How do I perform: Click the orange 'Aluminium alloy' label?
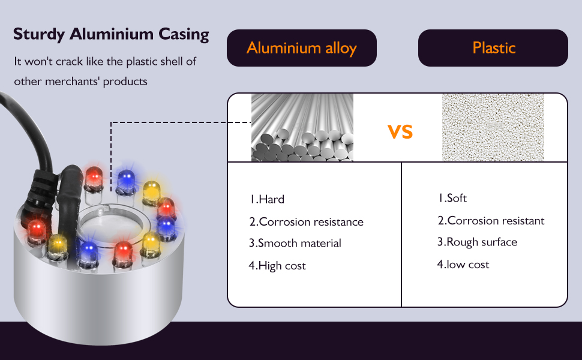(x=301, y=48)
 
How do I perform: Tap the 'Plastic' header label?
(x=494, y=48)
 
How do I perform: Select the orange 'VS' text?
(x=400, y=131)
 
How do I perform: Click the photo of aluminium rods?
(x=302, y=127)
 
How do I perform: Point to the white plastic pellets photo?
(x=493, y=127)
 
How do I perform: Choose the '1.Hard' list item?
(x=267, y=200)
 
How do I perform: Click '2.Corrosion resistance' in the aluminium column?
(x=306, y=222)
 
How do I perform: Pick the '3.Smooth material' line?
(x=295, y=244)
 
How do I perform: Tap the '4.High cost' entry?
(x=277, y=266)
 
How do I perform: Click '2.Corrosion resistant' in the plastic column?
(x=491, y=221)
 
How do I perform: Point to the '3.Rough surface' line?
(x=476, y=242)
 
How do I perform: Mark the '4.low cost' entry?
(x=463, y=265)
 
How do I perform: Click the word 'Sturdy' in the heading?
(x=39, y=34)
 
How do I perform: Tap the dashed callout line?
(x=180, y=122)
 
